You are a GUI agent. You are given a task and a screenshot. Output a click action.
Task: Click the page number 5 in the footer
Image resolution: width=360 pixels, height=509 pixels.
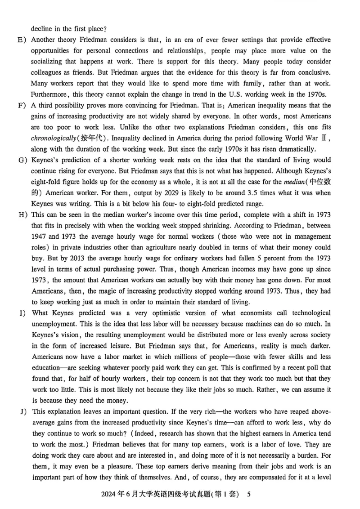(x=248, y=495)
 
